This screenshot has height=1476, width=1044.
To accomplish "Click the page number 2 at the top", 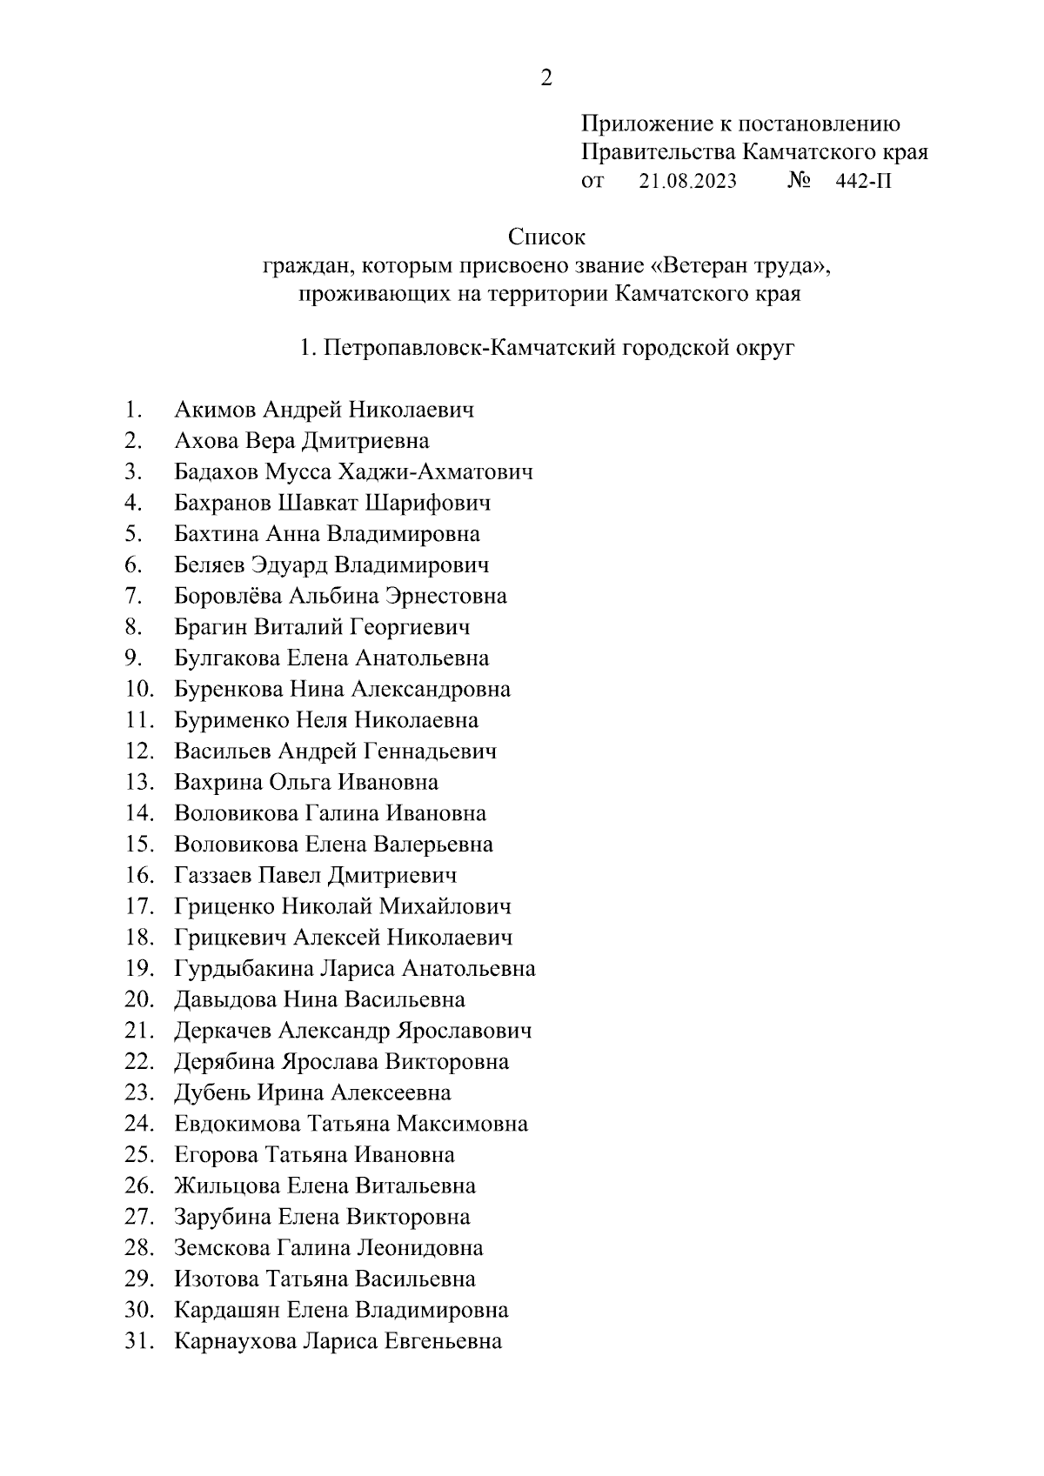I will [545, 78].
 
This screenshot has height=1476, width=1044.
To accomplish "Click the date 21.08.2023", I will [687, 181].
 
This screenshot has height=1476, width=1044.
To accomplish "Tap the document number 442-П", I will [863, 181].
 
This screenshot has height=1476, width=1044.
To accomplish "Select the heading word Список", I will [546, 237].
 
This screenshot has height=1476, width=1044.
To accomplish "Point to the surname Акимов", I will [216, 410].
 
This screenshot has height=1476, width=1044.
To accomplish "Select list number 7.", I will [133, 596].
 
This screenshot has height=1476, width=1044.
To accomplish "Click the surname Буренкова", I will [229, 689].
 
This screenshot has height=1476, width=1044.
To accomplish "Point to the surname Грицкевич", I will [231, 938].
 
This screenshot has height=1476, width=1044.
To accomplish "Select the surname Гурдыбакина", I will [244, 968].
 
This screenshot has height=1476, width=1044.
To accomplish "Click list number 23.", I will [138, 1092].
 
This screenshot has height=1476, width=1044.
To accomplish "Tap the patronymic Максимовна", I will [462, 1124].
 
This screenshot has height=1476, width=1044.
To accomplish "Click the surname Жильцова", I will [227, 1185].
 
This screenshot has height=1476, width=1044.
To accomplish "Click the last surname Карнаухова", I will [235, 1340].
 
